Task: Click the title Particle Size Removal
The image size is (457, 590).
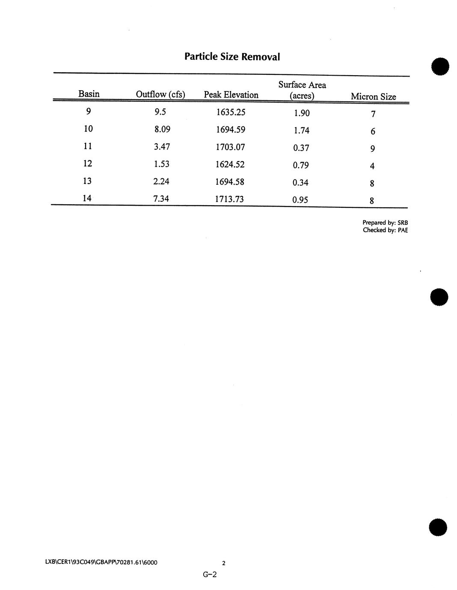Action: [232, 56]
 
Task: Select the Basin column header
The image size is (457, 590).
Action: [89, 94]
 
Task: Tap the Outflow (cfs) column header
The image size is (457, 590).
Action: [160, 94]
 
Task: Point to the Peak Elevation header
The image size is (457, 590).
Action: [231, 95]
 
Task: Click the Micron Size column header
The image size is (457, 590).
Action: [373, 97]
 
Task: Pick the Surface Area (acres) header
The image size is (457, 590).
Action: [302, 90]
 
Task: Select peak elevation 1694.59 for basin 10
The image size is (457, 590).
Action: [230, 130]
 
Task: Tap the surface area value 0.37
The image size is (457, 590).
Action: [301, 148]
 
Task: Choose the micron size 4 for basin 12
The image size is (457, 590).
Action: [372, 166]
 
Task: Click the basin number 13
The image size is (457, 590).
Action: [87, 181]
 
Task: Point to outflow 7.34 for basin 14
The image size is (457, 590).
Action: [161, 198]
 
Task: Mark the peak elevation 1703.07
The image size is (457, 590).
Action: [230, 147]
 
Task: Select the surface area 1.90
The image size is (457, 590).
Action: [302, 113]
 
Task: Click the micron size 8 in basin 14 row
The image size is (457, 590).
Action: [372, 201]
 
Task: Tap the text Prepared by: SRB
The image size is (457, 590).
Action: [385, 223]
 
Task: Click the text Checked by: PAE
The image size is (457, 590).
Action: [385, 230]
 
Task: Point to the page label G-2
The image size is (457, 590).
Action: [210, 575]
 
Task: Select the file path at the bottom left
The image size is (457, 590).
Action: [101, 562]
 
